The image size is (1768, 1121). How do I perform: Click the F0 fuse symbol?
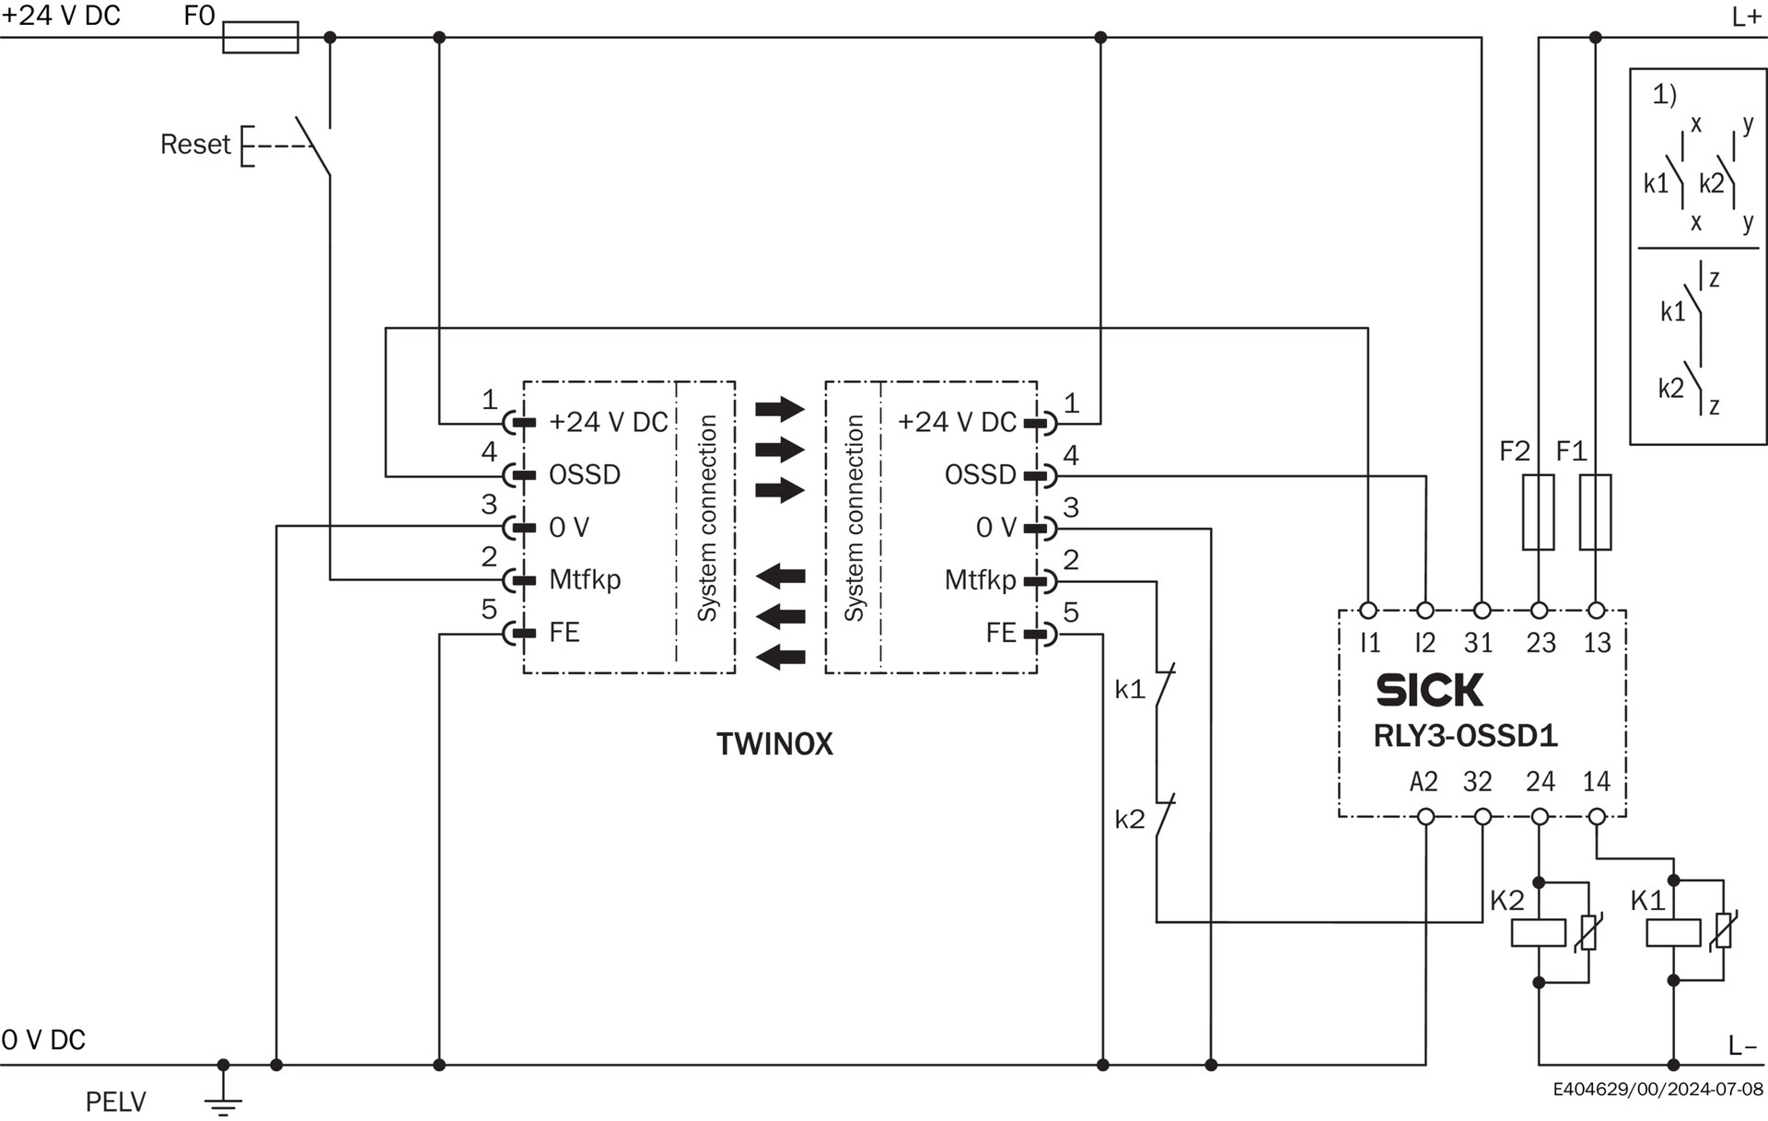click(x=261, y=38)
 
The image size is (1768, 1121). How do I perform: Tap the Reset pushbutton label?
click(x=195, y=145)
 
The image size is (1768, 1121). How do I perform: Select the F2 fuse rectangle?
click(x=1539, y=512)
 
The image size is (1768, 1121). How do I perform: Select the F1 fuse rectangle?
click(x=1596, y=512)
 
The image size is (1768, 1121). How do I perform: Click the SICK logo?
click(x=1430, y=690)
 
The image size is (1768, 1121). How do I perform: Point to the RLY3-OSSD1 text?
click(x=1466, y=736)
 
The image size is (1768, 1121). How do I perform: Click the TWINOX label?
click(x=774, y=744)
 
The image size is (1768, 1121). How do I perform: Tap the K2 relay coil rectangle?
click(x=1539, y=933)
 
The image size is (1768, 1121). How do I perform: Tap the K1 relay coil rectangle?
click(x=1673, y=933)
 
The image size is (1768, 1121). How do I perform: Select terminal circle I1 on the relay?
click(x=1368, y=610)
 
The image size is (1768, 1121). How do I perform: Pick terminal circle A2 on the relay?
click(x=1425, y=817)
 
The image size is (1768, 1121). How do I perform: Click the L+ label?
click(x=1746, y=17)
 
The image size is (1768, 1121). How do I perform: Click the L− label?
click(x=1743, y=1045)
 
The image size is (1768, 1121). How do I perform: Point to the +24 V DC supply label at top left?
click(x=62, y=16)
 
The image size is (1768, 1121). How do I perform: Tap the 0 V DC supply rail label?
click(x=43, y=1040)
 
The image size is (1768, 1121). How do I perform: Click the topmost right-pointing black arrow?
click(x=780, y=408)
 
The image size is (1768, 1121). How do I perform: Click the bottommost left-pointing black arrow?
click(x=780, y=657)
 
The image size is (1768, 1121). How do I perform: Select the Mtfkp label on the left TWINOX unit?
click(x=585, y=579)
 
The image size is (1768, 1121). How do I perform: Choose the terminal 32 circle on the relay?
click(x=1483, y=817)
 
